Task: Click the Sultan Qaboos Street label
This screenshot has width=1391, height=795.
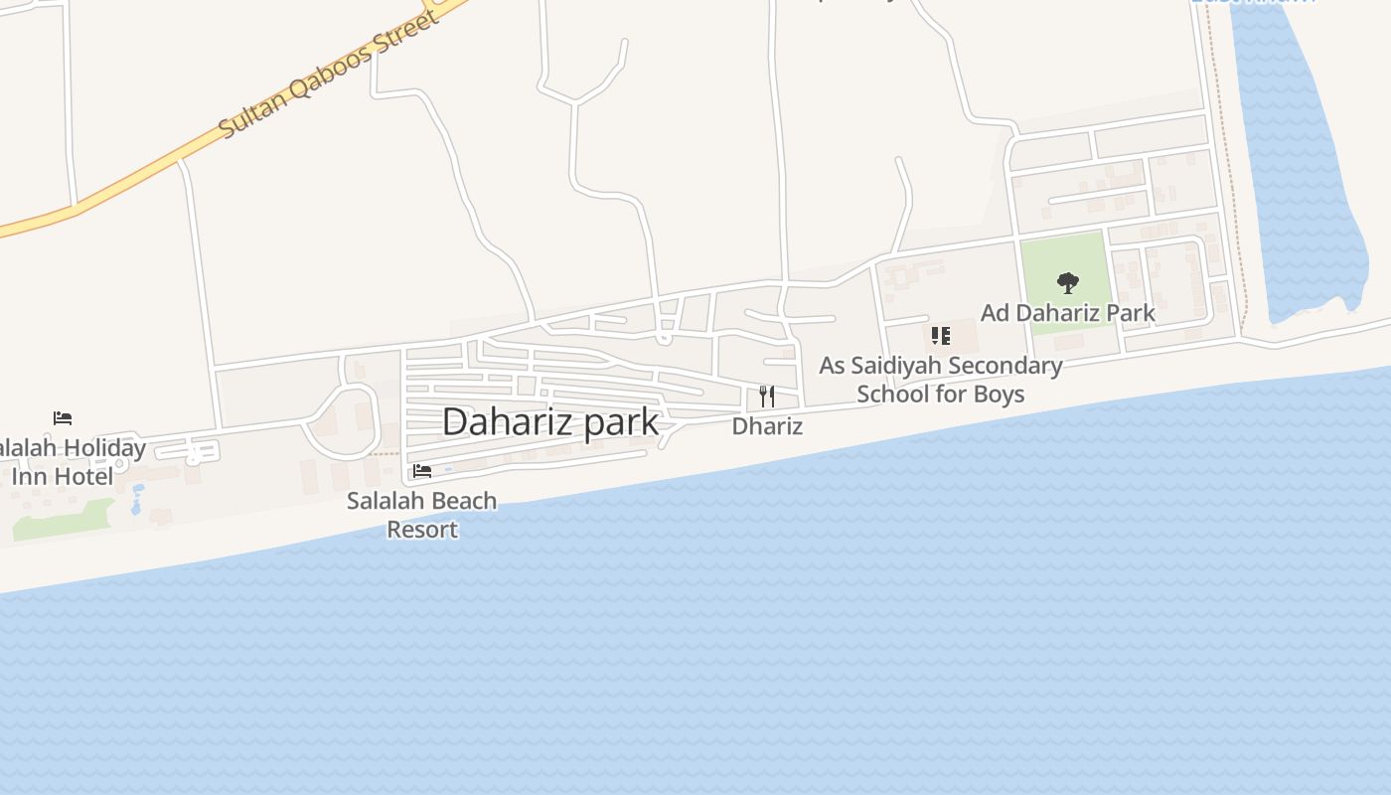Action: (x=328, y=76)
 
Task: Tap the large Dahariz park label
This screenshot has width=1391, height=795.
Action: (x=549, y=422)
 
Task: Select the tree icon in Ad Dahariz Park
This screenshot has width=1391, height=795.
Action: (x=1067, y=284)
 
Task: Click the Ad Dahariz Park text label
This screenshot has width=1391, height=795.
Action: (x=1067, y=313)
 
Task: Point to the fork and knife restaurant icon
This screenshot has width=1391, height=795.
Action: (x=766, y=397)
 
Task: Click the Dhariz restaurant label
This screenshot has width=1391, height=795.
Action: (x=766, y=426)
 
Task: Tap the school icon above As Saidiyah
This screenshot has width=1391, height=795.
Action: (x=940, y=336)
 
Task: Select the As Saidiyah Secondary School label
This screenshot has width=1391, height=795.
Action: (x=940, y=380)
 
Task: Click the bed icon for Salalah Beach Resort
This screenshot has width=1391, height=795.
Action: (x=422, y=471)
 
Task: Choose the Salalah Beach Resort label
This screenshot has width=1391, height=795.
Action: (x=422, y=515)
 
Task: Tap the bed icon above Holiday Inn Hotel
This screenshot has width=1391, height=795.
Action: (x=63, y=418)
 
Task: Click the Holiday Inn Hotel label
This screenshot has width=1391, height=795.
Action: (x=70, y=462)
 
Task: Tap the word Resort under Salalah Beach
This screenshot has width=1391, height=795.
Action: (x=422, y=530)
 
